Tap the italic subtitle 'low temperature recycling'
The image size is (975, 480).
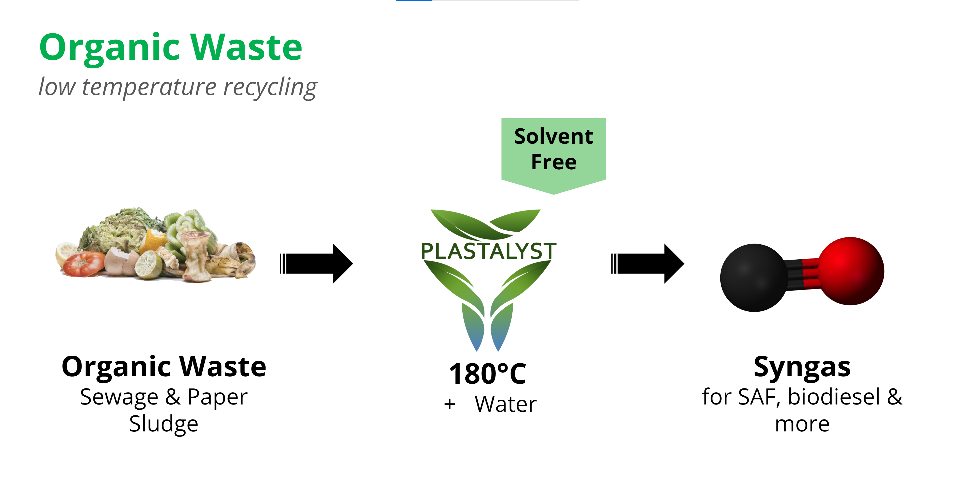tap(178, 87)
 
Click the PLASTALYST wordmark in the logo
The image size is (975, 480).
tap(488, 251)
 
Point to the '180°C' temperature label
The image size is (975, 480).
tap(487, 373)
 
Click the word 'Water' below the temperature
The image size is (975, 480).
tap(506, 404)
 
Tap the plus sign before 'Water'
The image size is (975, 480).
tap(450, 404)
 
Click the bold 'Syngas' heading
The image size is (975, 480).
tap(802, 367)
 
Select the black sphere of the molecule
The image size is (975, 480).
tap(753, 277)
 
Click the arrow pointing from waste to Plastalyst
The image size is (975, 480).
tap(316, 264)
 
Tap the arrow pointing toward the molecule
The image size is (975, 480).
tap(648, 264)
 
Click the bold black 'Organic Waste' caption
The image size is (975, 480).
tap(164, 367)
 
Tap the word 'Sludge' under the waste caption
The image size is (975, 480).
tap(164, 424)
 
